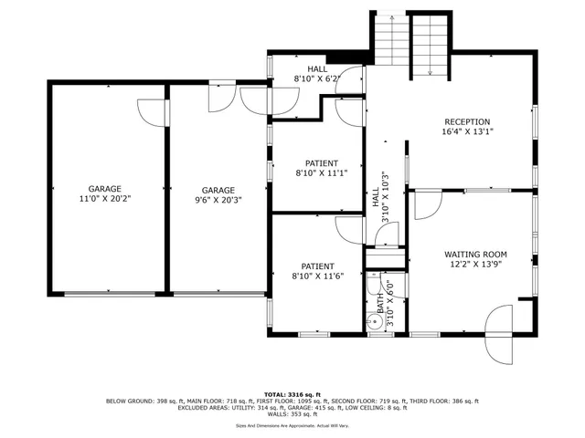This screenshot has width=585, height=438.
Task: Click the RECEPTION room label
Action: tap(467, 121)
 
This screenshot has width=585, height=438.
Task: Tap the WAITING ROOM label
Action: tap(475, 255)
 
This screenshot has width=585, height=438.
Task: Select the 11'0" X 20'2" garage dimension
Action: tap(104, 199)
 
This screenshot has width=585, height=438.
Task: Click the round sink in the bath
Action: tap(375, 321)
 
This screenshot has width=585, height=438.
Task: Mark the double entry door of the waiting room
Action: tap(502, 333)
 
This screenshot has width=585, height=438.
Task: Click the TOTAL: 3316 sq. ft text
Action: tap(292, 393)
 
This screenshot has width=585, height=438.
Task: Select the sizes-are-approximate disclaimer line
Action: tap(292, 425)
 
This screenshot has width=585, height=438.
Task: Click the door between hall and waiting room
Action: tap(424, 205)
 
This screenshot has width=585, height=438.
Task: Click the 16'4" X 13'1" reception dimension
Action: tap(467, 132)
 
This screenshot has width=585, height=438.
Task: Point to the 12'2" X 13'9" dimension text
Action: tap(475, 266)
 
